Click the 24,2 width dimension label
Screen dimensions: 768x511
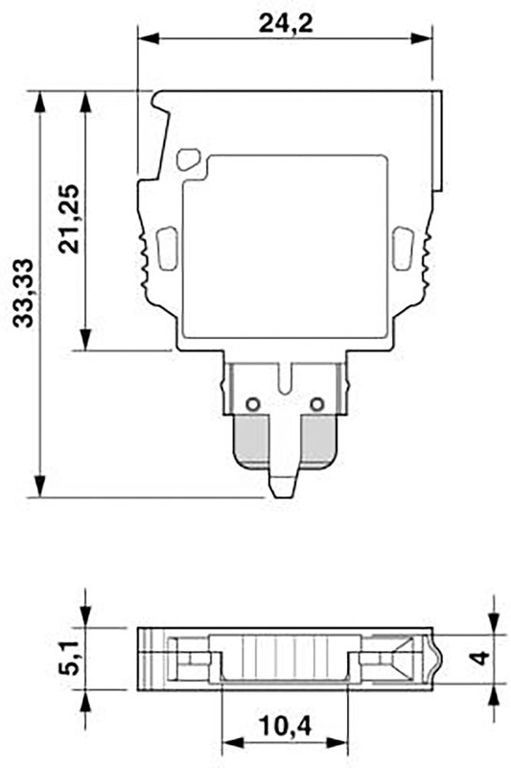[x=285, y=24]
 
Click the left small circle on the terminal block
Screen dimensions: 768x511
[x=252, y=404]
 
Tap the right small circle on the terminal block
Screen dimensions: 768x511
[x=319, y=404]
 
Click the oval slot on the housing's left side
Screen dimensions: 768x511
[x=166, y=247]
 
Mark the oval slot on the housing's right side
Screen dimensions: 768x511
[x=403, y=247]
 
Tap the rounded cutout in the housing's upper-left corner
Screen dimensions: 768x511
[x=189, y=158]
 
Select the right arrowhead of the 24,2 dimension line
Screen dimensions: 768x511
[x=430, y=39]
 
